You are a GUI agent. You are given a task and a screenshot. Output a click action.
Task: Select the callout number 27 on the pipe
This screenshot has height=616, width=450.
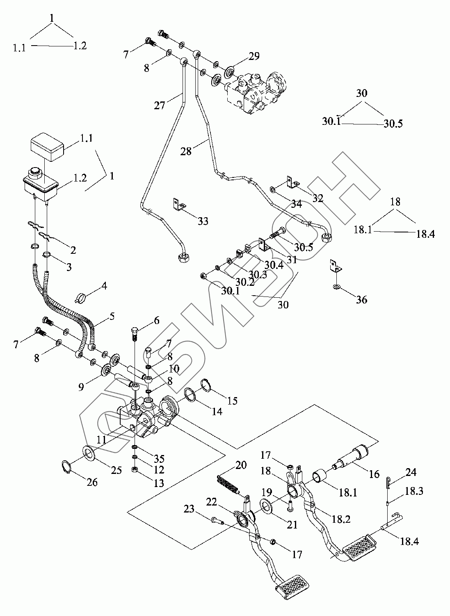pyautogui.click(x=160, y=105)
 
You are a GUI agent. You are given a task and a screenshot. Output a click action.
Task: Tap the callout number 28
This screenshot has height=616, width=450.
pyautogui.click(x=186, y=151)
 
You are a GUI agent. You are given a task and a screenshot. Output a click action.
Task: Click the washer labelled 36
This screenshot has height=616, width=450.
pyautogui.click(x=336, y=286)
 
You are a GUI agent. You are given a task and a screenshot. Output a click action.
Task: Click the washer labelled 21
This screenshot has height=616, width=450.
pyautogui.click(x=267, y=506)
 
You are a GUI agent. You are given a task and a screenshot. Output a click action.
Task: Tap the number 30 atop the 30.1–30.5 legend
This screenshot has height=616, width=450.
pyautogui.click(x=361, y=93)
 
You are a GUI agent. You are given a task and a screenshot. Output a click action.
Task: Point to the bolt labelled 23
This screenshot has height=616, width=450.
pyautogui.click(x=216, y=522)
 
